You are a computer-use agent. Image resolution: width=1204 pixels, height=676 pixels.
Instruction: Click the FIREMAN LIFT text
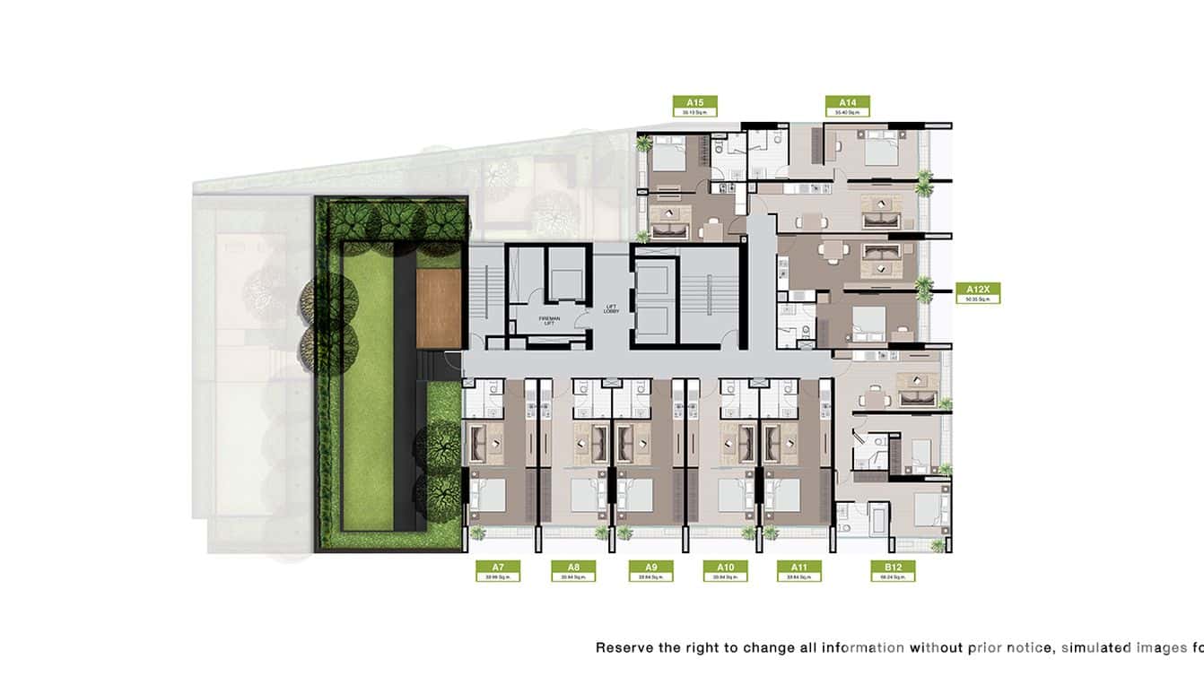550,321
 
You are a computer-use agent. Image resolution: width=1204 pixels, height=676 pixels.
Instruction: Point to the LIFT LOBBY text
612,309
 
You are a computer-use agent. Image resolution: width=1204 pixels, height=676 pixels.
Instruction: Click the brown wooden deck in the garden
438,308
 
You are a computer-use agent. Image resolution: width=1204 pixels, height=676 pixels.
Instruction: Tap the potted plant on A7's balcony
477,533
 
